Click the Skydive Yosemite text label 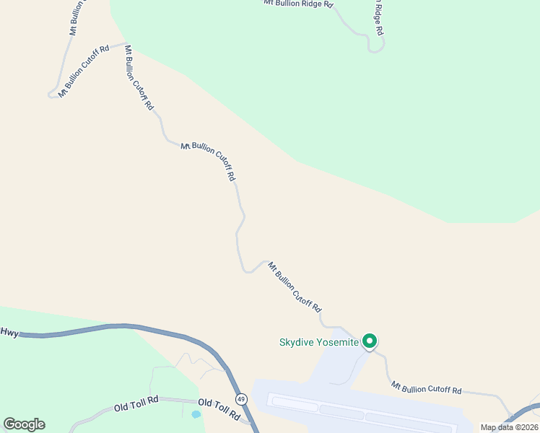coord(318,342)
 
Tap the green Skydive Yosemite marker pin coord(370,341)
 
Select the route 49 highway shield coord(240,398)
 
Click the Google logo coord(24,424)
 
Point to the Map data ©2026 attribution coord(509,427)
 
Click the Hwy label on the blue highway coord(9,333)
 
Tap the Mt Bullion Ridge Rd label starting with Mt coord(298,4)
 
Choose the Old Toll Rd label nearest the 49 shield coord(218,409)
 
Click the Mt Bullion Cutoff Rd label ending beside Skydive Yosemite coord(295,287)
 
